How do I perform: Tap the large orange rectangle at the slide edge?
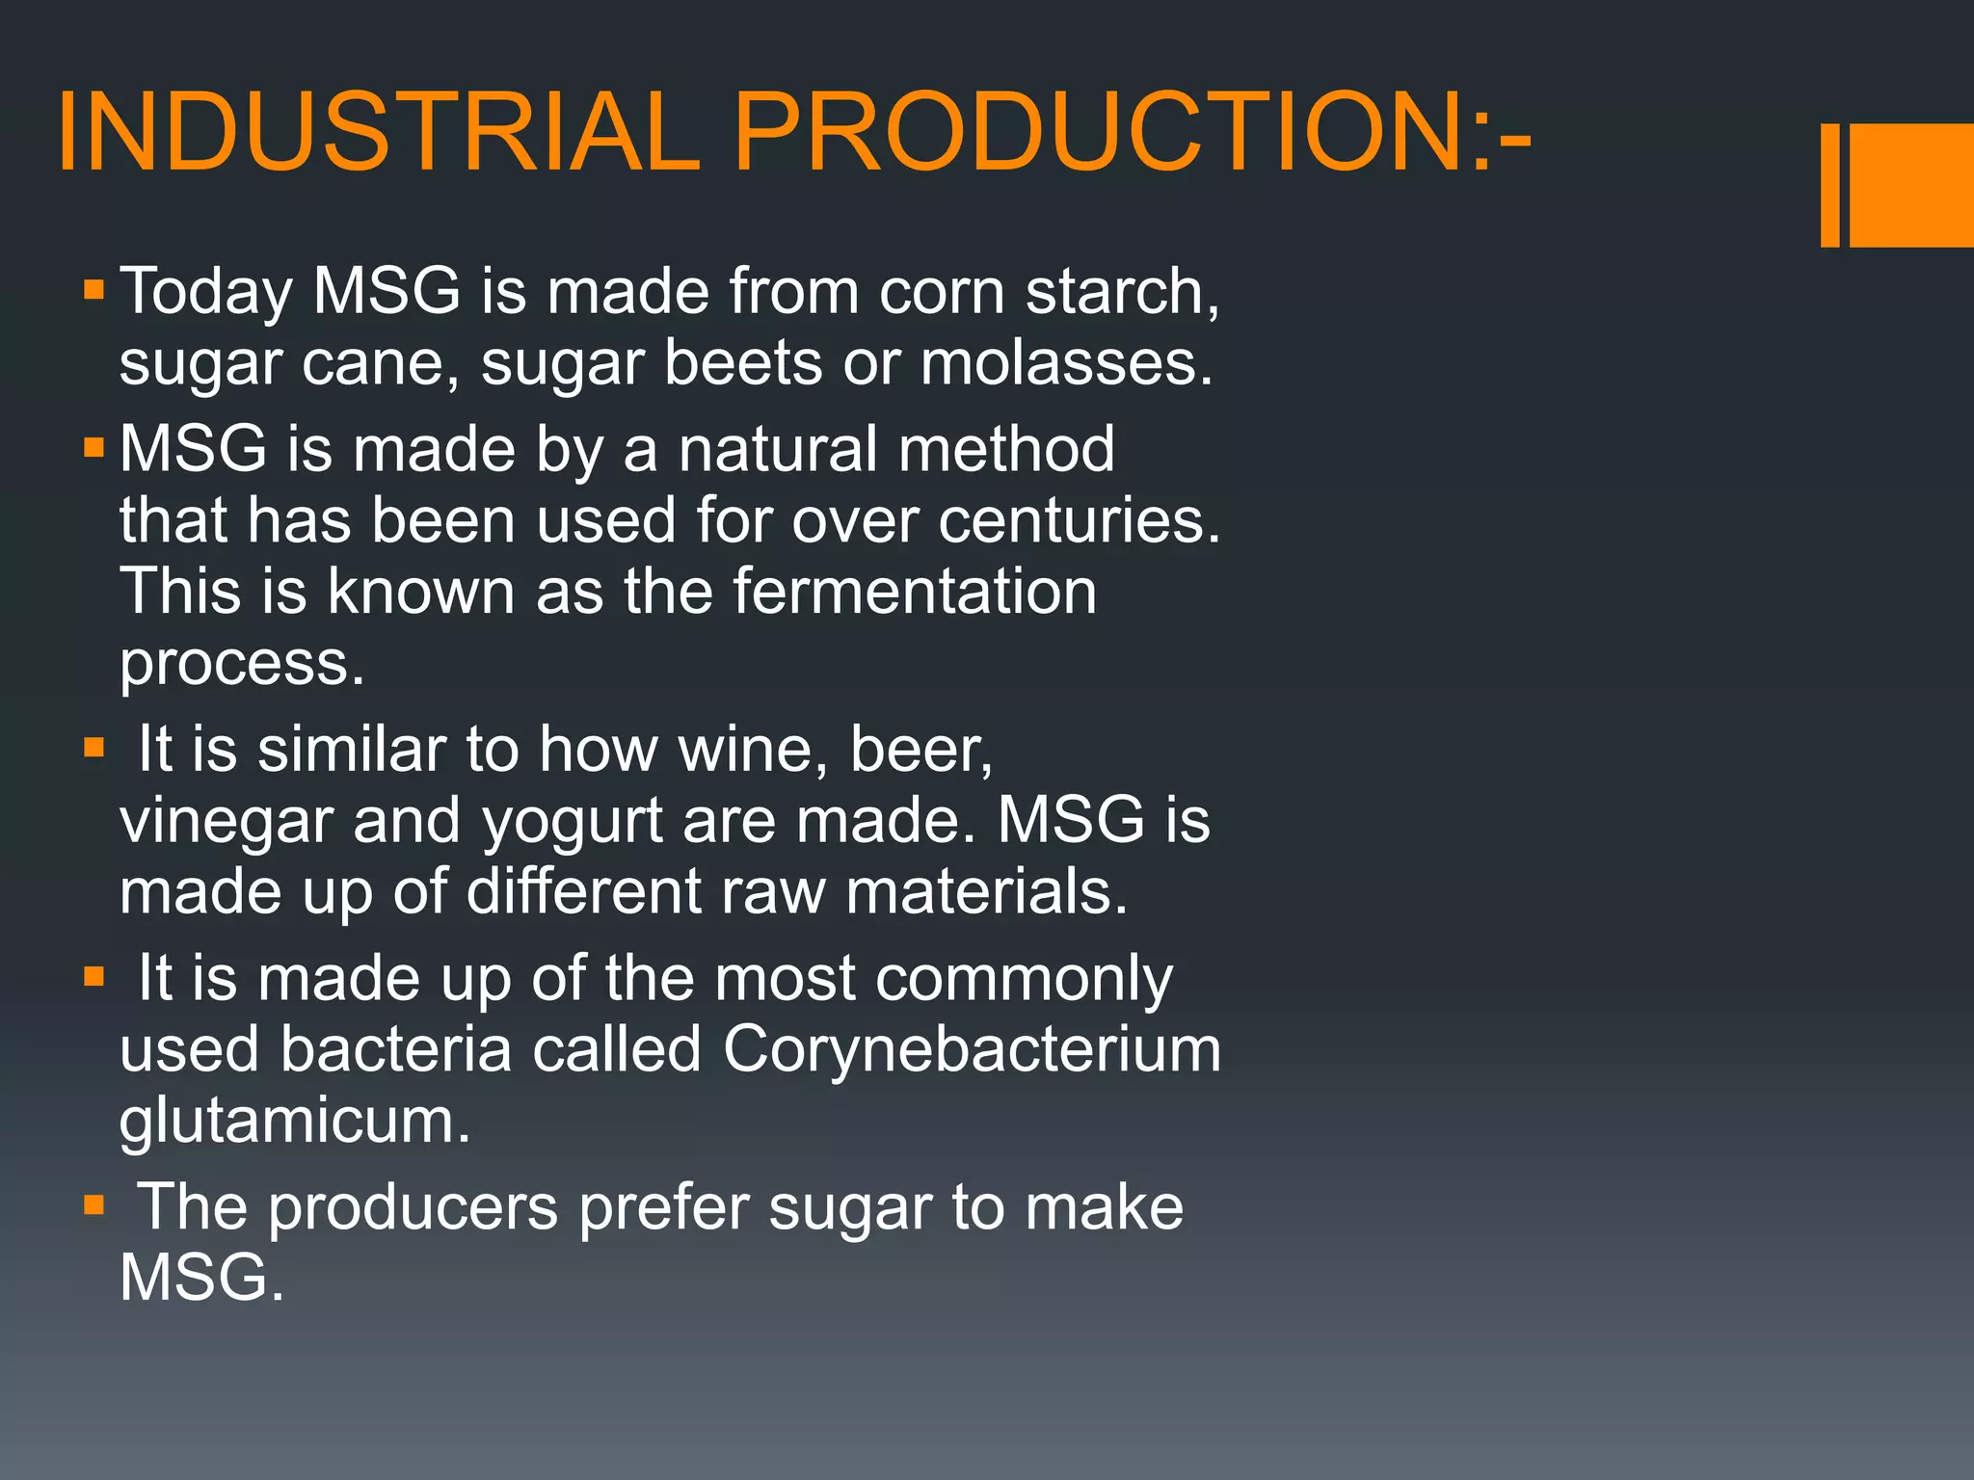[x=1911, y=185]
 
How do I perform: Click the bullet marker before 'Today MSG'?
[x=93, y=290]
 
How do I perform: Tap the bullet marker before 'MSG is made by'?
[x=93, y=448]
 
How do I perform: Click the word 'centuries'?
[x=1070, y=520]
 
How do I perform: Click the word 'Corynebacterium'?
[x=971, y=1050]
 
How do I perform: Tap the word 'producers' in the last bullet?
[x=413, y=1207]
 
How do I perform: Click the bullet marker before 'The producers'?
[x=93, y=1205]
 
